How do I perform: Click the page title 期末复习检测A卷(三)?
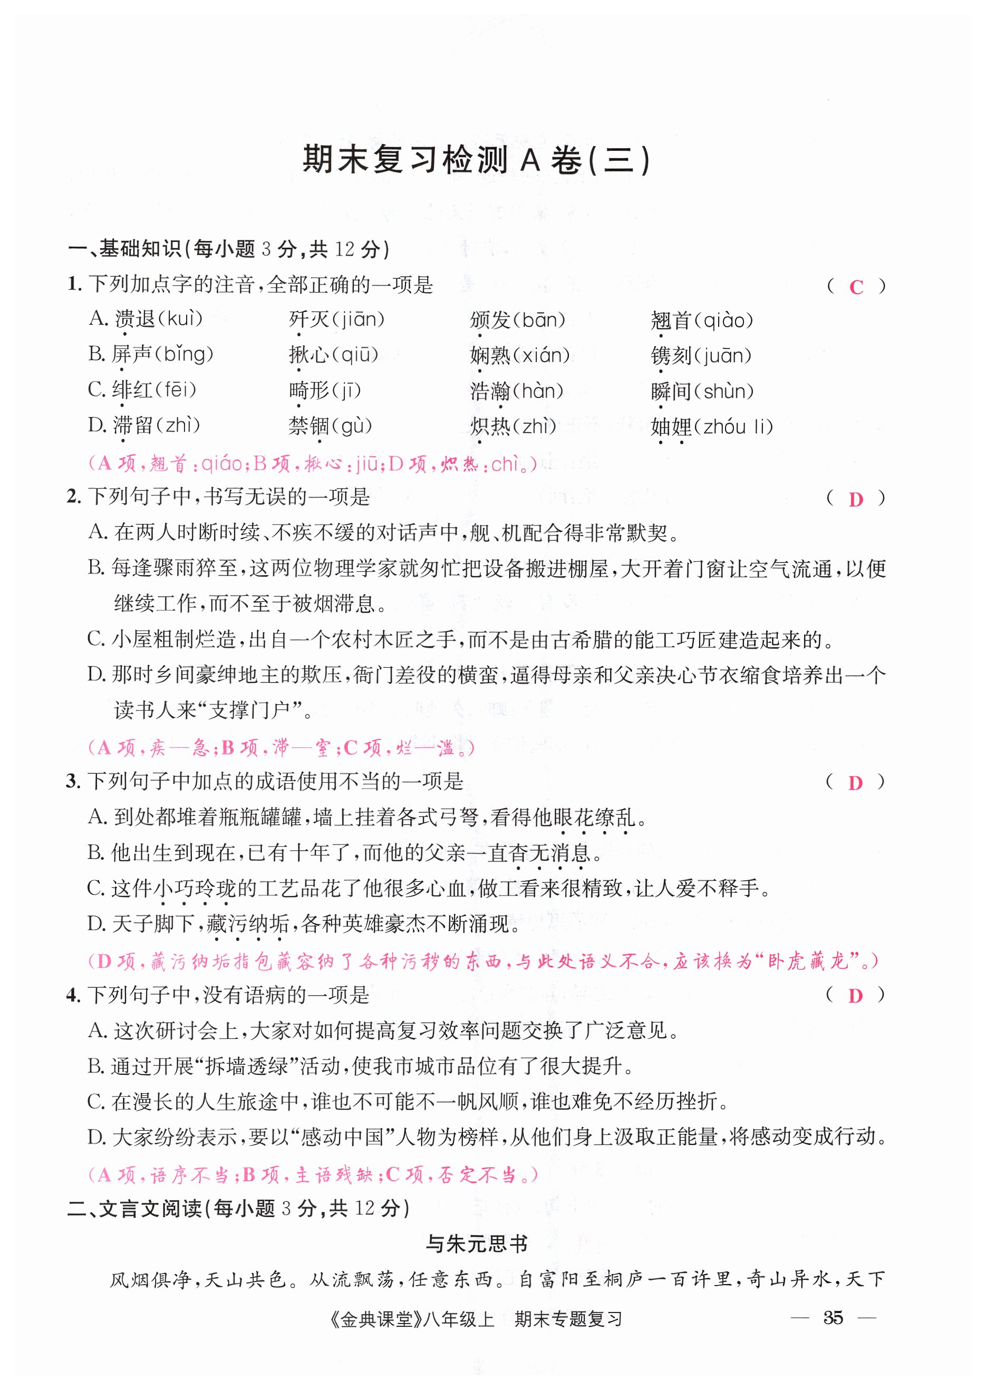click(477, 160)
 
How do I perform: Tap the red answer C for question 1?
click(856, 287)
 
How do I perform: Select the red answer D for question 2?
click(855, 500)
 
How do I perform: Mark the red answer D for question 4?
click(855, 996)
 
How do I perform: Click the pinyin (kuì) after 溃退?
click(180, 319)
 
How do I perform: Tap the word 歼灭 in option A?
click(309, 319)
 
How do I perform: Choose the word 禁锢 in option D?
click(309, 426)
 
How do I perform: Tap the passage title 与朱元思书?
click(477, 1243)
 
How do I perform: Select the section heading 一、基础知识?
click(125, 249)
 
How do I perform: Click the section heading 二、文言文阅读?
click(136, 1209)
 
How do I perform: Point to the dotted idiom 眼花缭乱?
click(594, 818)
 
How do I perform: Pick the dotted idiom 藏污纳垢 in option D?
click(248, 924)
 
